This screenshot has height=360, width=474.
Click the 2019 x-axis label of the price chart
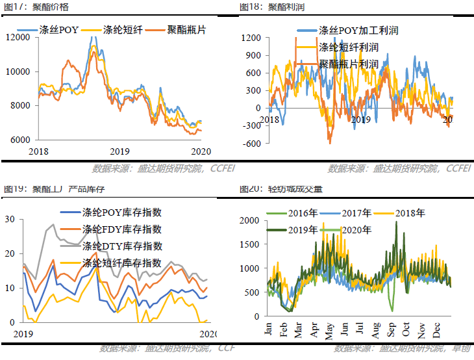click(x=119, y=151)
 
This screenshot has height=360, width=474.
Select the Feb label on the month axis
click(x=284, y=328)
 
